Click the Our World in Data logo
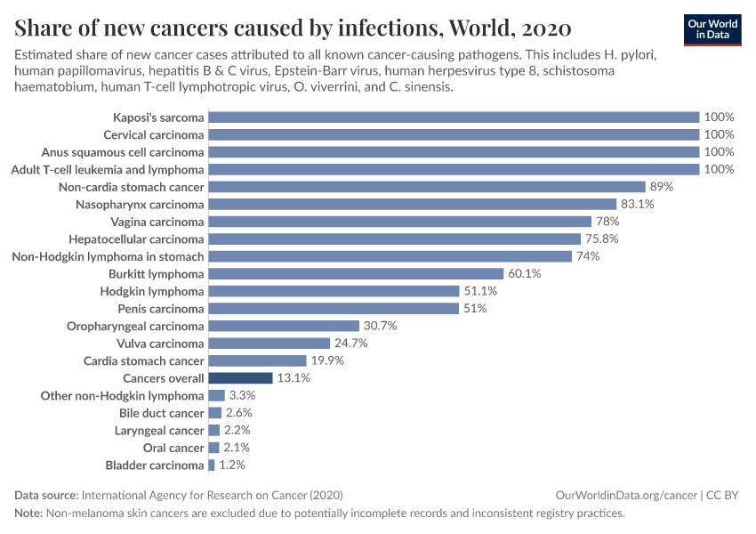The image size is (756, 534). (712, 28)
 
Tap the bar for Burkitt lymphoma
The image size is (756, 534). (356, 274)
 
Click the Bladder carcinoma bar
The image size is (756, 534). (212, 465)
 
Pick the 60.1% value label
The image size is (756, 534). (525, 274)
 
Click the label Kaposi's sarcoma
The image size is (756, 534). (158, 117)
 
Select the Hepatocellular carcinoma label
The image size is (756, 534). (136, 239)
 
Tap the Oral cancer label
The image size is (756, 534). (174, 448)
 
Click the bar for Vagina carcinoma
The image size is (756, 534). (399, 222)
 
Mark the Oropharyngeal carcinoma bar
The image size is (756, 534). (284, 326)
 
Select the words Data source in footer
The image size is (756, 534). (46, 495)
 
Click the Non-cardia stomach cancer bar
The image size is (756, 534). (426, 187)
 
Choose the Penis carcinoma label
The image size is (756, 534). (161, 309)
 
